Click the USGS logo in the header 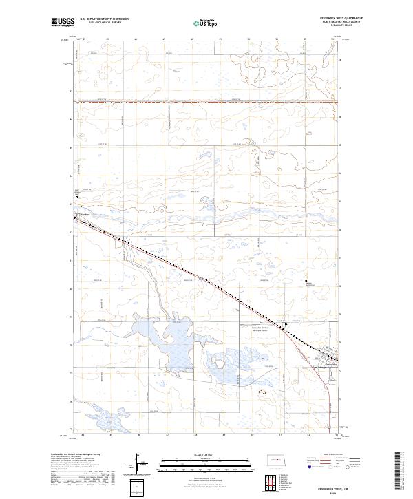[63, 22]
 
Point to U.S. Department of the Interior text [103, 19]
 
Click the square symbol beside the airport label [286, 323]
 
